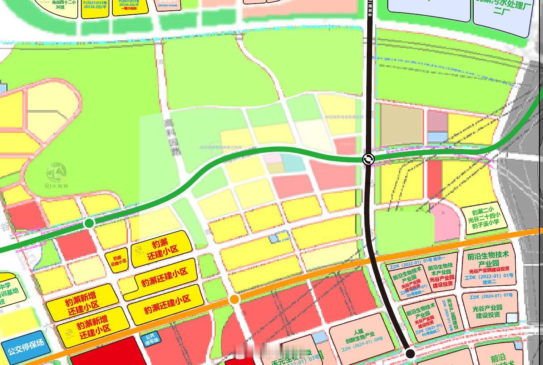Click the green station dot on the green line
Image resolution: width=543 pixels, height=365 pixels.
[x=89, y=223]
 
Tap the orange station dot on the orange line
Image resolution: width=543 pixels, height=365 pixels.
[x=234, y=299]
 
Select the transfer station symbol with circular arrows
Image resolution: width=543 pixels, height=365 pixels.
[x=368, y=159]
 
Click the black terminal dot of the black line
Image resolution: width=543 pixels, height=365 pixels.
[x=410, y=353]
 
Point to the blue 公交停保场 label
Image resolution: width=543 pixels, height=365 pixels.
[x=26, y=346]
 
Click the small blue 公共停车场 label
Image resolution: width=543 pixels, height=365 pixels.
[x=151, y=340]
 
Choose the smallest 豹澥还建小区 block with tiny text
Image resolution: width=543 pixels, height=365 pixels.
[x=117, y=260]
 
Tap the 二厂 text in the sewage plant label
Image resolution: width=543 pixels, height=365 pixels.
[x=501, y=12]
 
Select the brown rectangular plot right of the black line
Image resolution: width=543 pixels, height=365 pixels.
[x=401, y=125]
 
